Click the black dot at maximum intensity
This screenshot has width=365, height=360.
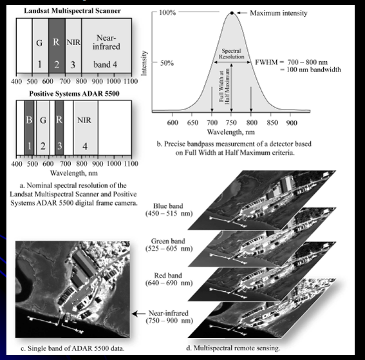(x=232, y=13)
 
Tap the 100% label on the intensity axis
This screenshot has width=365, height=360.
(x=167, y=12)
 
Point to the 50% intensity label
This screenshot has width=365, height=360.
(x=167, y=63)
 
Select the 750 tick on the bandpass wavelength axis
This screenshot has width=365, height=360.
(x=231, y=122)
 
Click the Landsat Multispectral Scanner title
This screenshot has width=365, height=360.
(x=72, y=11)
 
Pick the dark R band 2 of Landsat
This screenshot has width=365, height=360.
(x=57, y=46)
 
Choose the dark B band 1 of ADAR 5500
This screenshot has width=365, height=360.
(x=30, y=128)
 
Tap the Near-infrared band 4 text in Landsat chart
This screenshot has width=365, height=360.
(x=106, y=51)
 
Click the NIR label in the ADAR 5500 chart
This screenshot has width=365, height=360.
(x=84, y=120)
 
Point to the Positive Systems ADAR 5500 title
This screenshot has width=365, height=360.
(x=74, y=93)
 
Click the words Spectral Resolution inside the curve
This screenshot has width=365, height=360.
(x=231, y=53)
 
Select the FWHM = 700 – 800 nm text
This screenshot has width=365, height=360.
(x=292, y=62)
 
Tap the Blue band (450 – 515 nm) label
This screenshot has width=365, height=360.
(x=169, y=209)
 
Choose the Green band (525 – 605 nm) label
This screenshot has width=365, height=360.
(x=169, y=245)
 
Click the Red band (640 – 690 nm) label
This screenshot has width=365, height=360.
(x=169, y=279)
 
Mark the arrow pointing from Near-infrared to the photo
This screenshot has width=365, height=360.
(x=139, y=314)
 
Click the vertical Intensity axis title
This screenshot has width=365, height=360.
(x=144, y=63)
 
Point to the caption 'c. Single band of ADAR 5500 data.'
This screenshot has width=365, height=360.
(x=73, y=348)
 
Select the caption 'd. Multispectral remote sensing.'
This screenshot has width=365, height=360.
(x=233, y=348)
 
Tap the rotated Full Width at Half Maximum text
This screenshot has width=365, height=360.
(x=224, y=86)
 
